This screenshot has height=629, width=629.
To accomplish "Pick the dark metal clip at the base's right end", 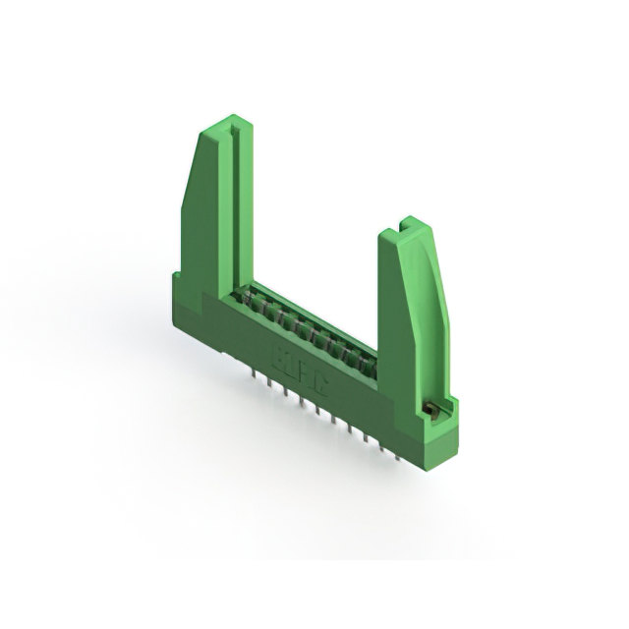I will pyautogui.click(x=429, y=406).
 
